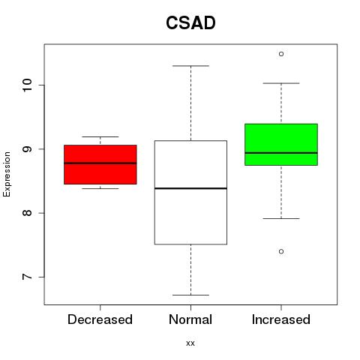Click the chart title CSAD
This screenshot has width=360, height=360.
coord(190,22)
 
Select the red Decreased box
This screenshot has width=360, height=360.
coord(100,164)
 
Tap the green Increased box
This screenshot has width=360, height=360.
coord(281,145)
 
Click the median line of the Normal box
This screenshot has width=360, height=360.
coord(190,188)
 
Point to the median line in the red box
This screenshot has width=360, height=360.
coord(100,163)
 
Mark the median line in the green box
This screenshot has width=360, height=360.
coord(281,153)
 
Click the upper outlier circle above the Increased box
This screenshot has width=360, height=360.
coord(281,54)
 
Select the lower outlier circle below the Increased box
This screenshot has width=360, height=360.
coord(281,251)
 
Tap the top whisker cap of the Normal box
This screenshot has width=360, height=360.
coord(190,66)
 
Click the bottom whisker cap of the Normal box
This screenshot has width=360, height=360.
coord(190,295)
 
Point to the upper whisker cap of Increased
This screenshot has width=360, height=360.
coord(281,83)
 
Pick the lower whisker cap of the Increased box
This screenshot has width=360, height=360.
coord(281,218)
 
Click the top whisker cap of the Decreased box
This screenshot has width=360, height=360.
coord(100,136)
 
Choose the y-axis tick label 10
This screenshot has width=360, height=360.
coord(27,85)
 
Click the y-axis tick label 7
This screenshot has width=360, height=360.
coord(27,277)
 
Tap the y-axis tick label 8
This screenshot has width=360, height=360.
coord(27,213)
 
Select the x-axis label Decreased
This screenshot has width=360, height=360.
coord(100,319)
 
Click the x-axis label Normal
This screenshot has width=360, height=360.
coord(190,319)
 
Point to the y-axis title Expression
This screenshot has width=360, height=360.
coord(7,174)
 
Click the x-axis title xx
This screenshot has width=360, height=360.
coord(190,343)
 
